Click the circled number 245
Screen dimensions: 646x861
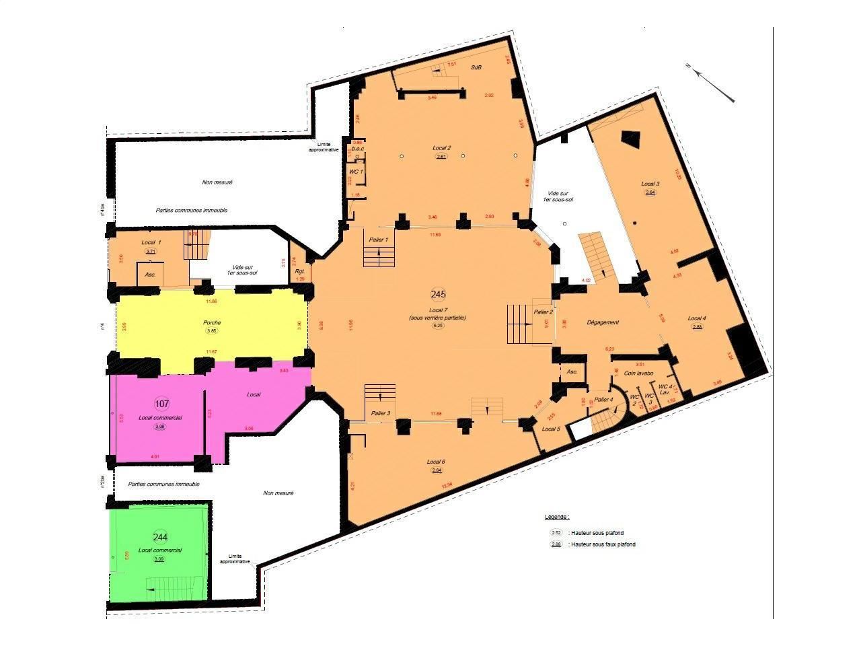[x=439, y=294]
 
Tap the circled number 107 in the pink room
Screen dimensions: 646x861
[x=161, y=404]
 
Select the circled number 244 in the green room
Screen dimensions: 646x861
[x=160, y=537]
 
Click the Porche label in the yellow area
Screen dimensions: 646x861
[x=212, y=322]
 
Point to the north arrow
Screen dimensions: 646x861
[x=713, y=83]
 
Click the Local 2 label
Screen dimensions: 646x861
[x=441, y=147]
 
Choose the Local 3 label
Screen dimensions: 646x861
[x=650, y=184]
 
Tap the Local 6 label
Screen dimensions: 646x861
[x=436, y=462]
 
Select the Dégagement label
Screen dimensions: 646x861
[x=602, y=322]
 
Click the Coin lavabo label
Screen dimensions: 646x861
[x=639, y=373]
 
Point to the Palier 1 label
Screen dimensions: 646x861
[x=380, y=240]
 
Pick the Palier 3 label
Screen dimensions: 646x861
[x=380, y=412]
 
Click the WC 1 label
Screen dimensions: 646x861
[x=356, y=172]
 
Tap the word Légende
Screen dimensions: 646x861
[x=557, y=517]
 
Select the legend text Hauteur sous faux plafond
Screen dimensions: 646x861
[x=603, y=544]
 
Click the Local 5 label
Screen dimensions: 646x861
[x=550, y=429]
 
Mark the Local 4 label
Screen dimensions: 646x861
[x=697, y=318]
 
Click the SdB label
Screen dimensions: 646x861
[x=476, y=67]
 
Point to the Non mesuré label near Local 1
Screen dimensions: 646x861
[x=217, y=182]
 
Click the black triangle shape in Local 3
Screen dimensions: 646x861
[x=631, y=139]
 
